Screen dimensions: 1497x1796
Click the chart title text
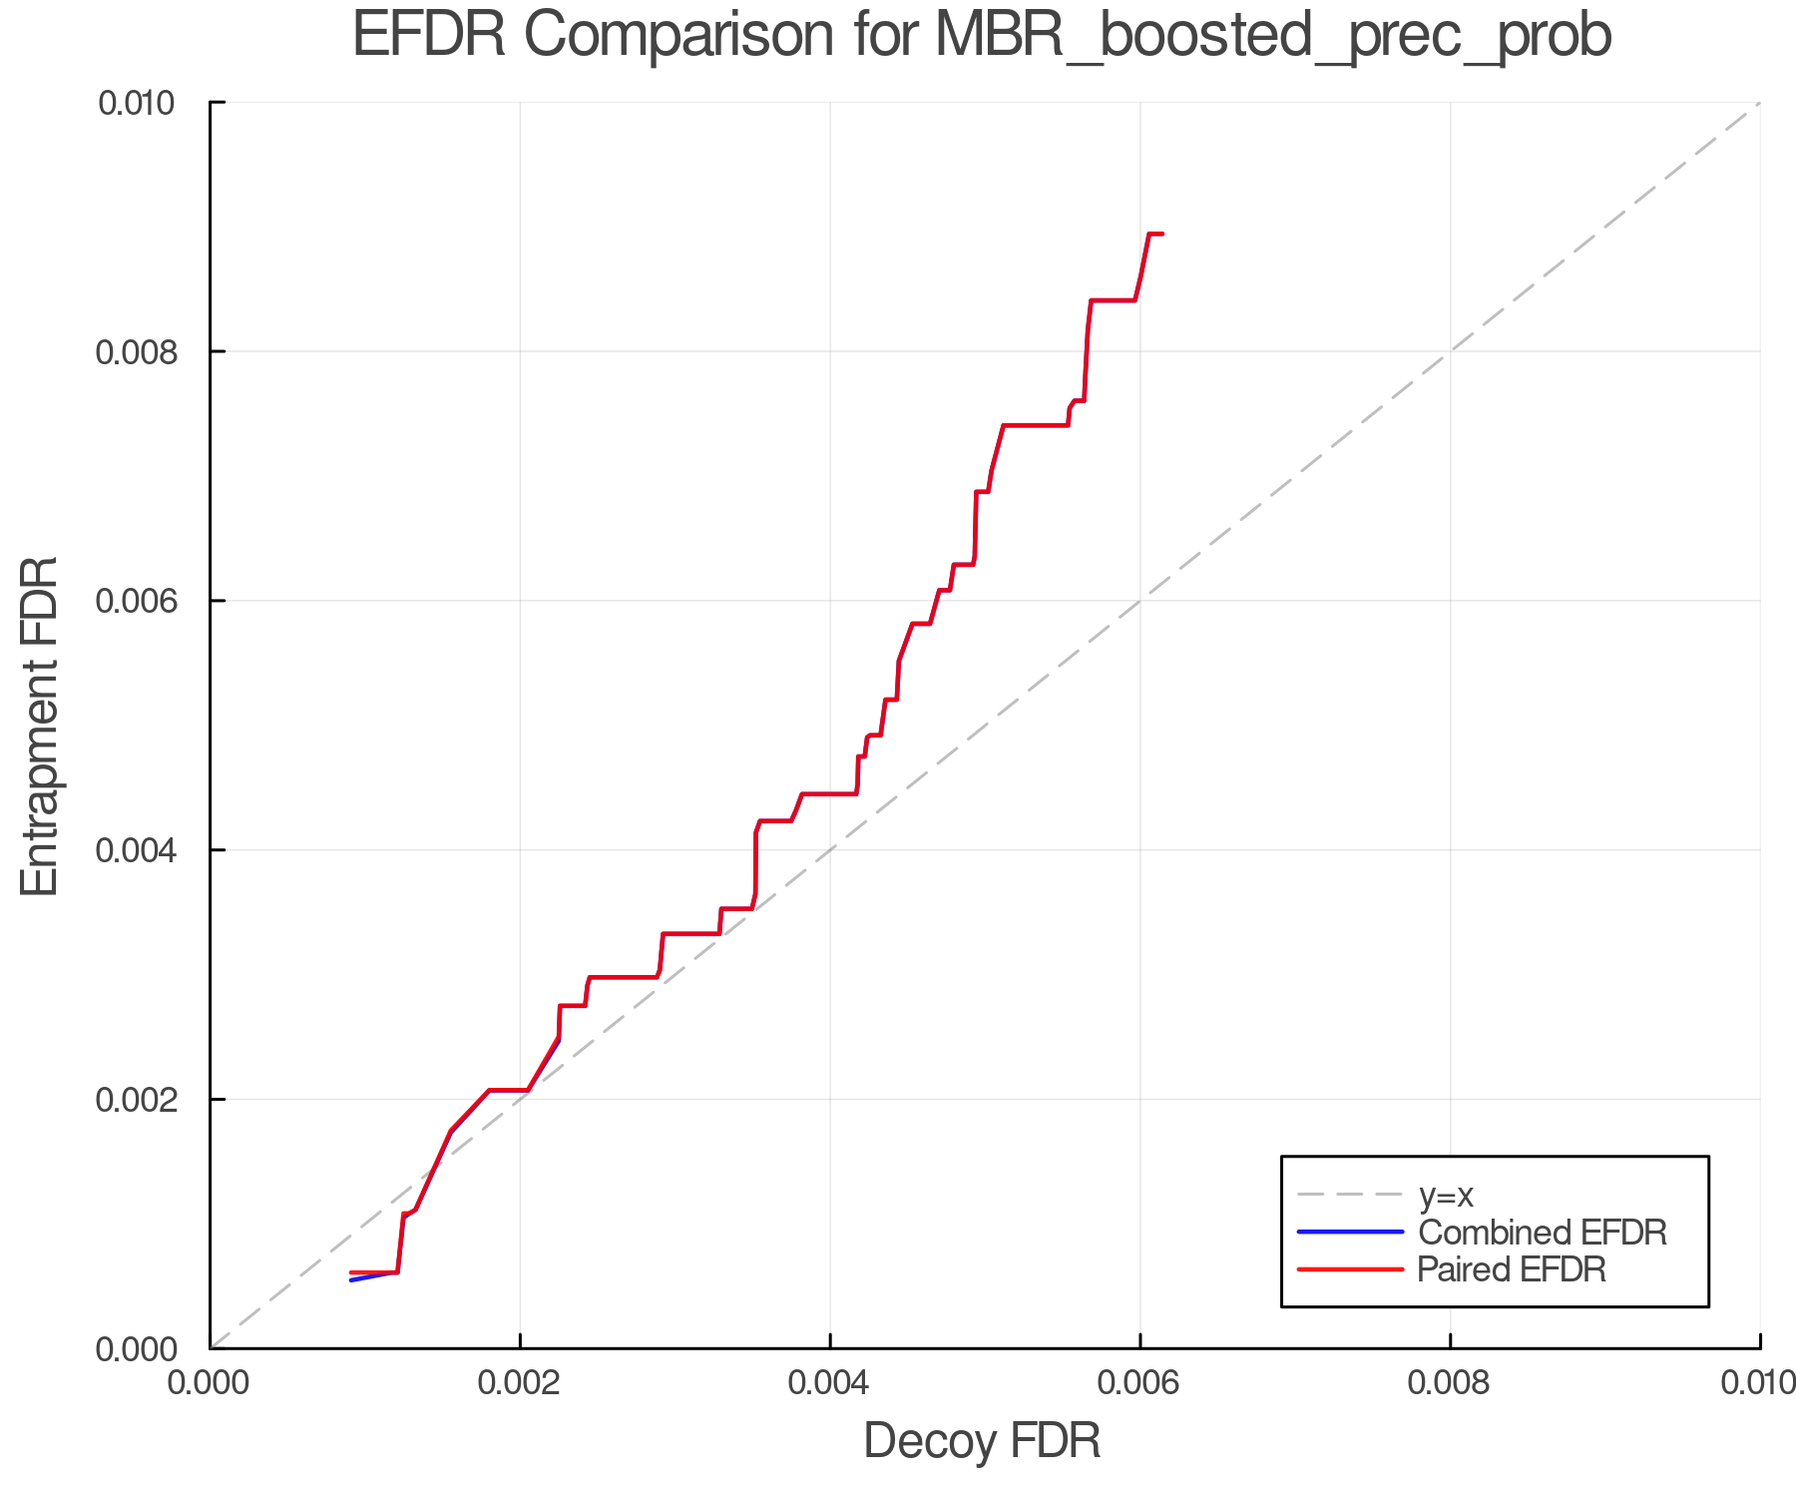pyautogui.click(x=982, y=36)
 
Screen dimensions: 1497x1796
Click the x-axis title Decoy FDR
pyautogui.click(x=982, y=1441)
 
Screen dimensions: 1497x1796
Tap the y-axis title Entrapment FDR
pyautogui.click(x=40, y=727)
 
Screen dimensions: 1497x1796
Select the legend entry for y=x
pyautogui.click(x=1446, y=1195)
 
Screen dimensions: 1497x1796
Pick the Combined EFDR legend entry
pyautogui.click(x=1542, y=1233)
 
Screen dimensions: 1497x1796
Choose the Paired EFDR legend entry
pyautogui.click(x=1511, y=1269)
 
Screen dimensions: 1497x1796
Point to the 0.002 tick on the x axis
pyautogui.click(x=520, y=1383)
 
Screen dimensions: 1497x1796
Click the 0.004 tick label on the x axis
pyautogui.click(x=830, y=1383)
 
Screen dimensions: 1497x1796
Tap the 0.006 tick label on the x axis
pyautogui.click(x=1139, y=1383)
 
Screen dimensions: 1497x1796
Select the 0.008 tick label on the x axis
pyautogui.click(x=1450, y=1383)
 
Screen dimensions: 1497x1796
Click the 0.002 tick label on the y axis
pyautogui.click(x=137, y=1100)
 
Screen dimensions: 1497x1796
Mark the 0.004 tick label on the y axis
pyautogui.click(x=137, y=850)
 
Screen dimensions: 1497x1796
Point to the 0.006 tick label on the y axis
pyautogui.click(x=137, y=601)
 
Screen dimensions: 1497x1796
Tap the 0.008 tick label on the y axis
pyautogui.click(x=137, y=352)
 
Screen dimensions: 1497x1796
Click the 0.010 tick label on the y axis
pyautogui.click(x=137, y=103)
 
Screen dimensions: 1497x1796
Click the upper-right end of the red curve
pyautogui.click(x=1162, y=234)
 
